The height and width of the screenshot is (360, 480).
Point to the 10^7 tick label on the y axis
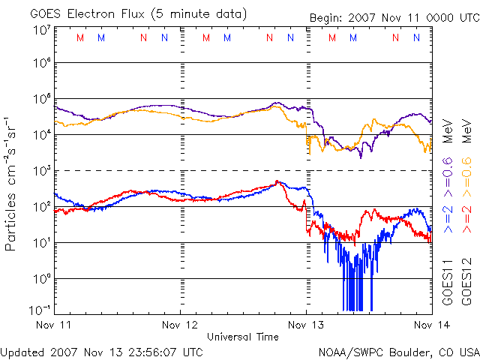(41, 31)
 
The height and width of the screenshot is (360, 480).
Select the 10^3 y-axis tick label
(41, 171)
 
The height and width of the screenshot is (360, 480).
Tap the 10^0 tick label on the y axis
(41, 279)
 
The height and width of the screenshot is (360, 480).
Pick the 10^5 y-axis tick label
(41, 100)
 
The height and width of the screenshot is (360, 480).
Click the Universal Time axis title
(242, 337)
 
